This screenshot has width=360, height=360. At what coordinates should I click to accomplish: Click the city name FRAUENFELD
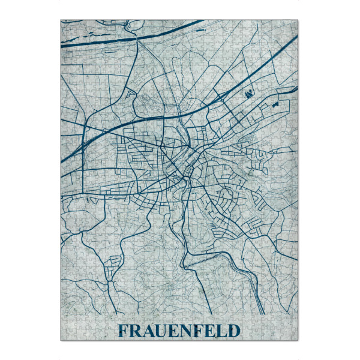click(178, 331)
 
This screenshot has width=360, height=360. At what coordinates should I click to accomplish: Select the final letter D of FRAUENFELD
click(233, 331)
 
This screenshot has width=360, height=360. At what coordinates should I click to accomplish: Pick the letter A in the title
click(147, 331)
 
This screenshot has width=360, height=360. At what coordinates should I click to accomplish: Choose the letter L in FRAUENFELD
click(220, 331)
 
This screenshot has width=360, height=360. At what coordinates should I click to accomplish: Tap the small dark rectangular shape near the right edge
click(277, 104)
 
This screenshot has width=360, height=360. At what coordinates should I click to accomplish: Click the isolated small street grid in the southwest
click(113, 267)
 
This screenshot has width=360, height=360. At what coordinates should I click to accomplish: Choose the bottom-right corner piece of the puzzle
click(295, 336)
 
